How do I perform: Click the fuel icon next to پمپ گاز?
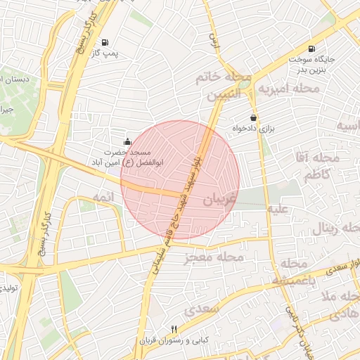pos(105,41)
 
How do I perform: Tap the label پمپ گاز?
pos(106,53)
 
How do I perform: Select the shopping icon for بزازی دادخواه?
pos(252,117)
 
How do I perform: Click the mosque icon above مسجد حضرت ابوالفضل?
pos(127,141)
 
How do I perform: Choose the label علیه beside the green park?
pos(277,209)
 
